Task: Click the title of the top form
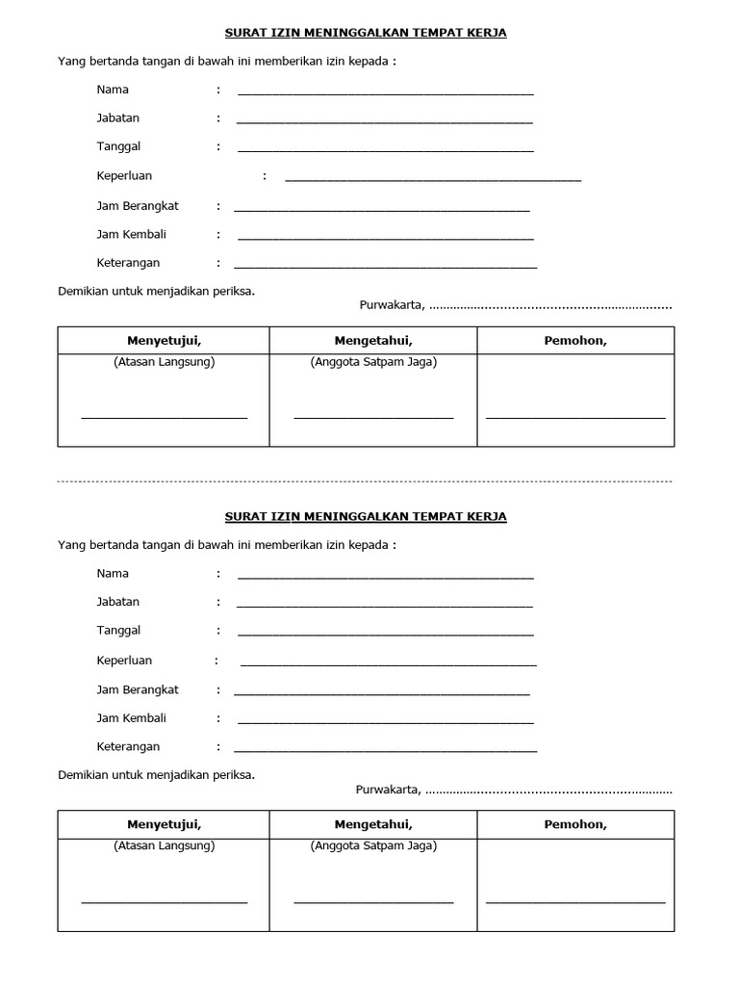coord(366,33)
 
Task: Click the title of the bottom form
coord(366,516)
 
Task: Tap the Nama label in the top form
coord(113,90)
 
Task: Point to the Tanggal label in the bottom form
coord(118,631)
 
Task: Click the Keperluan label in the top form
coord(124,176)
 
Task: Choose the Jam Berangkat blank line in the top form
coord(381,210)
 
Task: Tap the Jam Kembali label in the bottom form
coord(132,718)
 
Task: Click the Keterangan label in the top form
coord(128,263)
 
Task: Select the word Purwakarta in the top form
coord(392,305)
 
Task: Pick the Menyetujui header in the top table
coord(164,341)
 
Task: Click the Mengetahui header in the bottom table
coord(373,824)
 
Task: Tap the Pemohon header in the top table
coord(575,341)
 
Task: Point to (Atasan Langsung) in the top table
coord(164,362)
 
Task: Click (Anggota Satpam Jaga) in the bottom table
coord(373,845)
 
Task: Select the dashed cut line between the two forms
coord(366,480)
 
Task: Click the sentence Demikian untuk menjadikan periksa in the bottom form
coord(157,774)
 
